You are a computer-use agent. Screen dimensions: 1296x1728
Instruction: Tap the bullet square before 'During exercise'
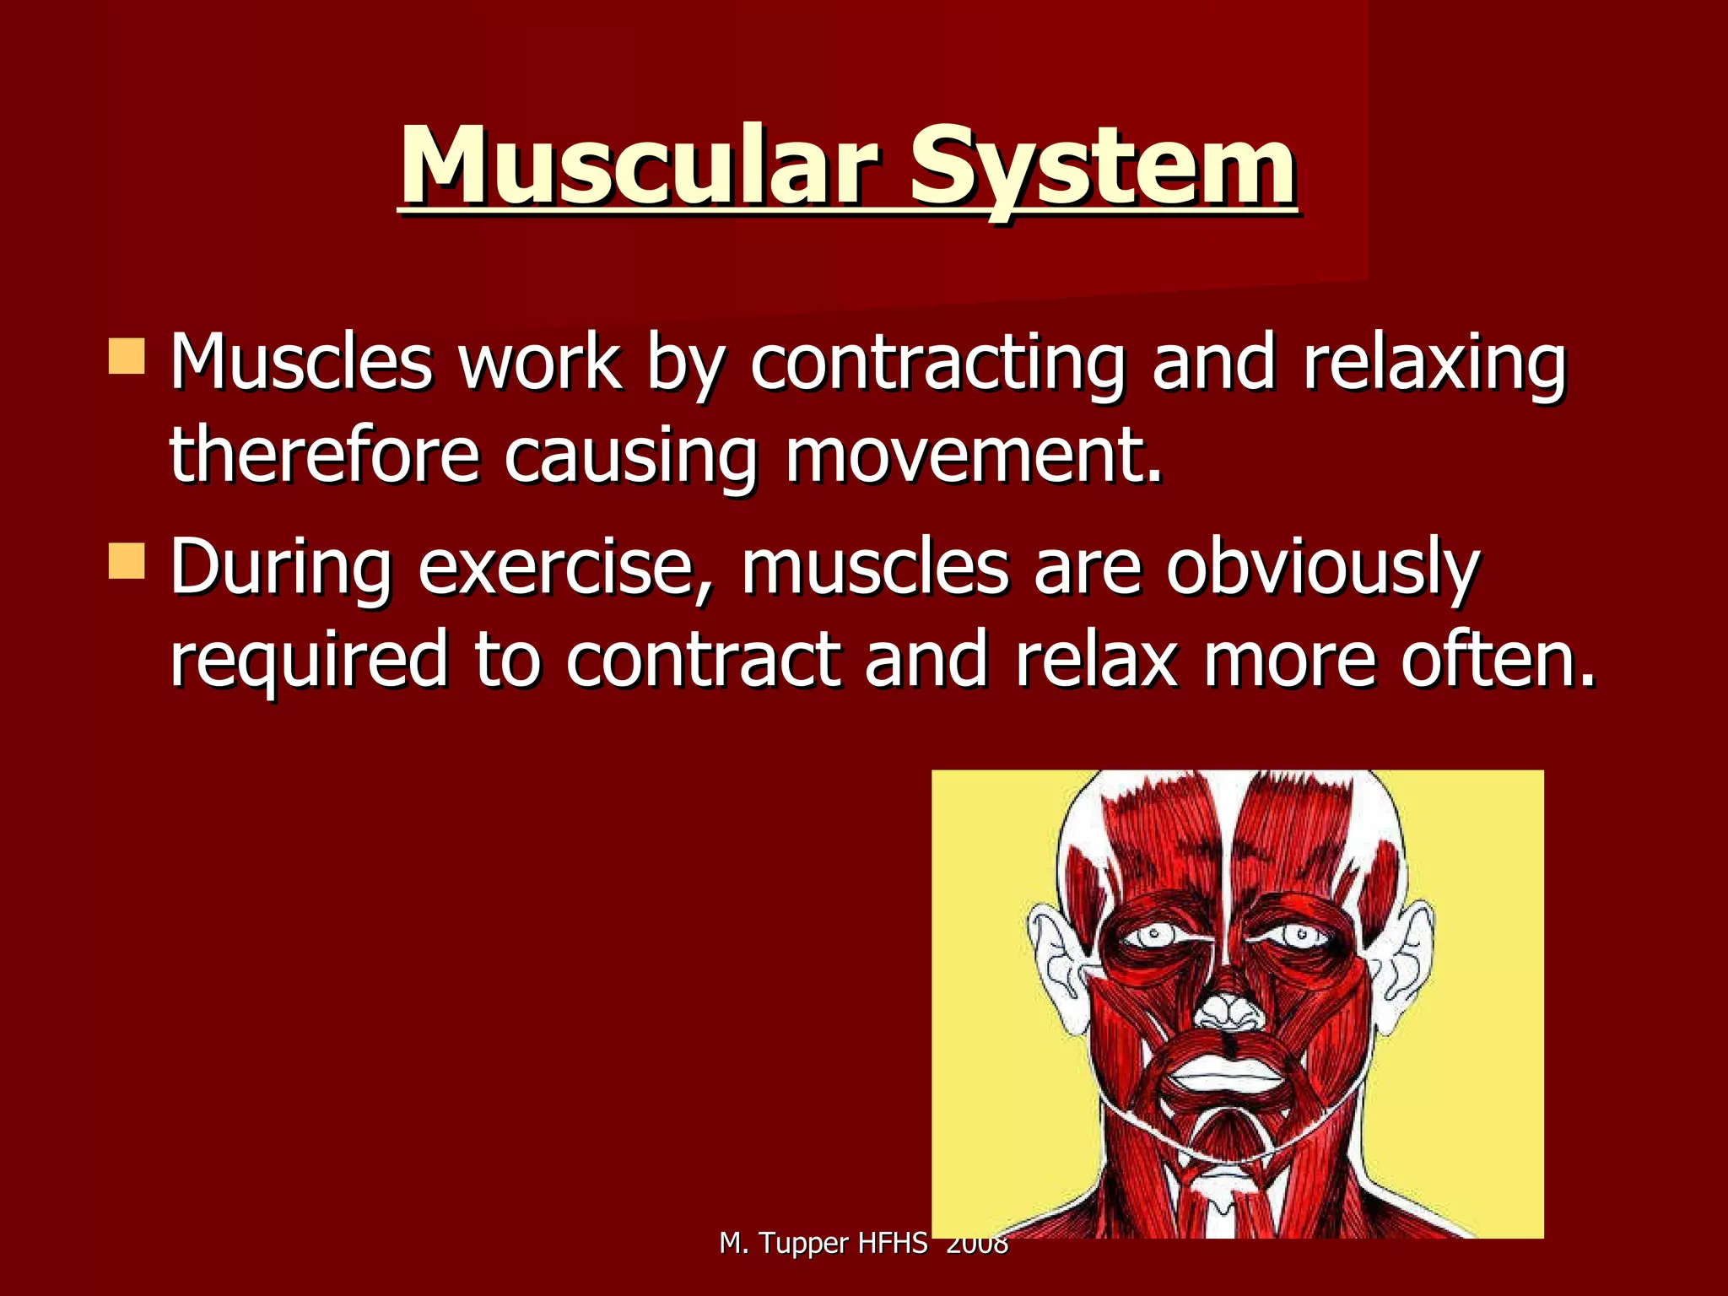point(127,561)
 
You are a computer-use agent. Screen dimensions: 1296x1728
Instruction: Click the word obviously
point(1322,567)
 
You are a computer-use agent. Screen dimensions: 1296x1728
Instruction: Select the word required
point(309,660)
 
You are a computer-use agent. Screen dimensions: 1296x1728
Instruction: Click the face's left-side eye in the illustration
point(1152,935)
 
